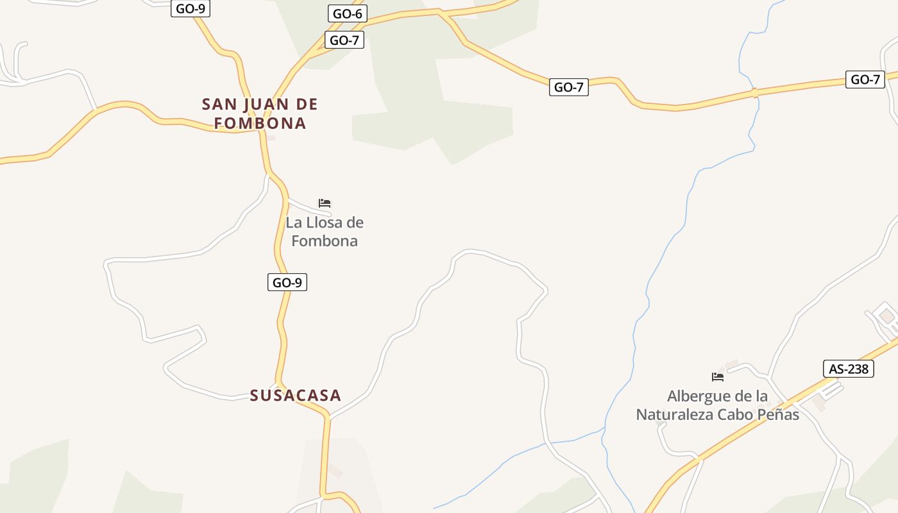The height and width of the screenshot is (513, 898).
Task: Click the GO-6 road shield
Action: click(347, 13)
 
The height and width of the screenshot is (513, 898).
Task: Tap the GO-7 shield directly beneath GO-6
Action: click(344, 40)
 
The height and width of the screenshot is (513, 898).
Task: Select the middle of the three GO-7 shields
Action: click(568, 87)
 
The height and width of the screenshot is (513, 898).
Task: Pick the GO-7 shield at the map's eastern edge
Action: click(865, 80)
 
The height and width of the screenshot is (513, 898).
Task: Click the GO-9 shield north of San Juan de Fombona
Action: click(191, 9)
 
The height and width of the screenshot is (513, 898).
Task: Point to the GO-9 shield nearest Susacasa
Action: click(287, 282)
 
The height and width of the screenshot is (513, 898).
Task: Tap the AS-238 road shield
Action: click(848, 369)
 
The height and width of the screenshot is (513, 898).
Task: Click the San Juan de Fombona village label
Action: click(260, 114)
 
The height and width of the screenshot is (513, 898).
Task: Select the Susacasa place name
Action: click(295, 395)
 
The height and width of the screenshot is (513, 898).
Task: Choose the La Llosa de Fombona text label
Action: click(325, 231)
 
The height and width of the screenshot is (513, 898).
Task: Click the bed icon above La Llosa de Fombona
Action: click(325, 203)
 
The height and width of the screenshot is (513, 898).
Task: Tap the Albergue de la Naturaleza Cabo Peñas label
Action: click(717, 405)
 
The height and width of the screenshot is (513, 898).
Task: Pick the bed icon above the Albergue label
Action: click(718, 376)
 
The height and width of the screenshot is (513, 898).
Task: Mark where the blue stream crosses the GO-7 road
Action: click(755, 93)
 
